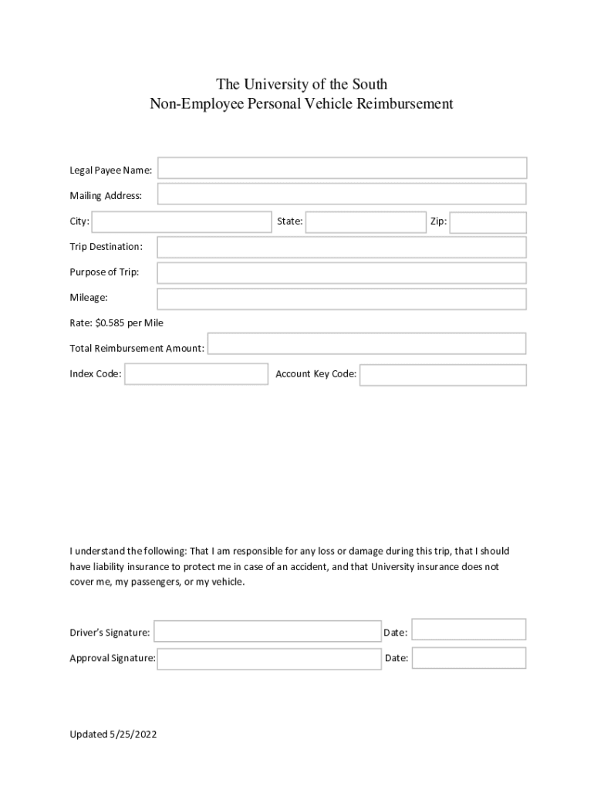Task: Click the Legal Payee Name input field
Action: coord(343,168)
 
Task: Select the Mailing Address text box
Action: coord(343,194)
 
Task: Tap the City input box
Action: coord(181,222)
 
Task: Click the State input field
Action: coord(366,222)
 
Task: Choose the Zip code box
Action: coord(488,222)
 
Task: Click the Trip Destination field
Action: coord(342,247)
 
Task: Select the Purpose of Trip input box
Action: coord(342,273)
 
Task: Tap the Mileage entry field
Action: coord(342,299)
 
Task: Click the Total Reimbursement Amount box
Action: coord(367,344)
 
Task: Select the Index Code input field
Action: coord(197,374)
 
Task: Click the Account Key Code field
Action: coord(443,375)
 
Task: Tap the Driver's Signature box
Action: coord(268,632)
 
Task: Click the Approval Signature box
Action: coord(269,659)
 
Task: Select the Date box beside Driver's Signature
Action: coord(469,630)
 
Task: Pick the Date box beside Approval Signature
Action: coord(469,658)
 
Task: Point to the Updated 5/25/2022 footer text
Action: coord(113,734)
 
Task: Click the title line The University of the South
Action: coord(302,83)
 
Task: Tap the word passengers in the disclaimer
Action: coord(143,582)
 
